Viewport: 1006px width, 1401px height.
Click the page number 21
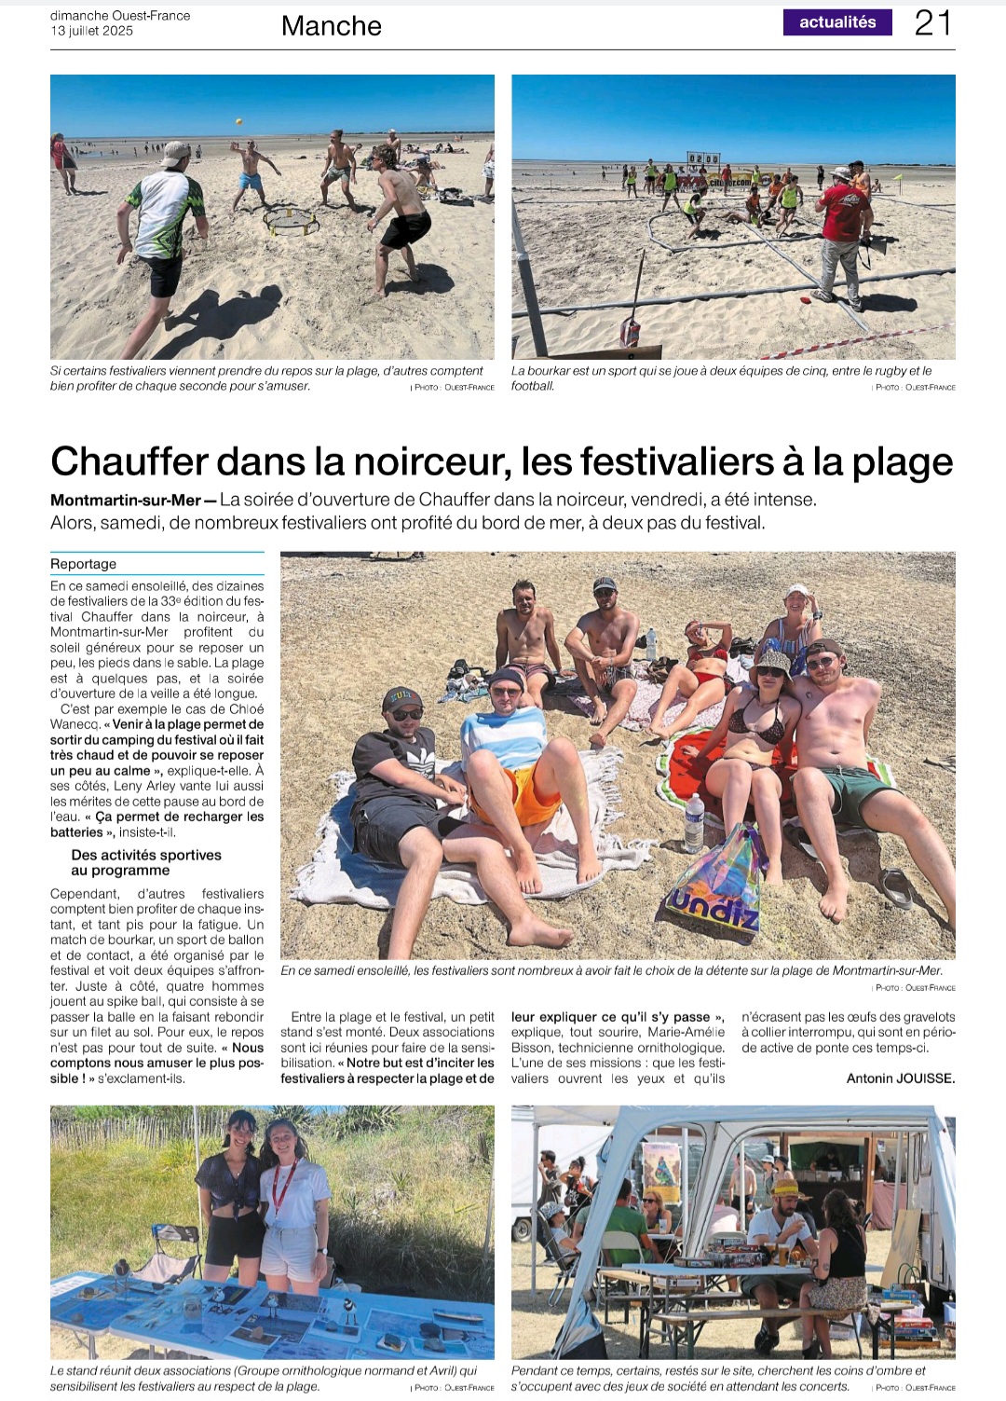click(x=932, y=23)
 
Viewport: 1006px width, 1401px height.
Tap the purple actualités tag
click(x=837, y=22)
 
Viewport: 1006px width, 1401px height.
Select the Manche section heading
click(x=332, y=26)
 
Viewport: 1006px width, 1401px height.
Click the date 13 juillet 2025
click(x=91, y=31)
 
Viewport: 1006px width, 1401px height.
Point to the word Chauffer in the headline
click(x=129, y=462)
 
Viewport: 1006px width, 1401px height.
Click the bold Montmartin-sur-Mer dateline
click(x=126, y=501)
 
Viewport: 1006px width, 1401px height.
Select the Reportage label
click(x=84, y=564)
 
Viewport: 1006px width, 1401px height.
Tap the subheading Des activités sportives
click(x=146, y=855)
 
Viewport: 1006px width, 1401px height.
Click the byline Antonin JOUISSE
click(x=901, y=1078)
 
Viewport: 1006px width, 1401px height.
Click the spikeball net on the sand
click(x=292, y=222)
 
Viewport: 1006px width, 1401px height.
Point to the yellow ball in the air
click(x=238, y=122)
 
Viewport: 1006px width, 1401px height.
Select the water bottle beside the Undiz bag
click(x=694, y=822)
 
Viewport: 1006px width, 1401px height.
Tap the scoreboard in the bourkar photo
click(x=703, y=159)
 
